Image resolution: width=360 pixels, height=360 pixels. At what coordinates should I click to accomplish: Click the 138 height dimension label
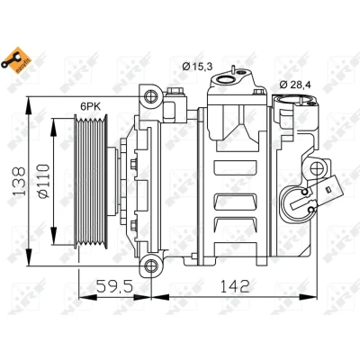coord(20,181)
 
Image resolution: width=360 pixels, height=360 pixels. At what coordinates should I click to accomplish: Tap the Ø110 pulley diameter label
coord(43,181)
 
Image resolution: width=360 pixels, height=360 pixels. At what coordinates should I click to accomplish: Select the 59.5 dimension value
coord(114,286)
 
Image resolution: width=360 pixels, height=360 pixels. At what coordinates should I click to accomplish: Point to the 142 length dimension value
coord(235,286)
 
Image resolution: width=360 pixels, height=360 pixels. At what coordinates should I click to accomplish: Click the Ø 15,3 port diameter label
coord(197,66)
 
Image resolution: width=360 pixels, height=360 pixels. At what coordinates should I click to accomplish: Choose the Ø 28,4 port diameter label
coord(295,85)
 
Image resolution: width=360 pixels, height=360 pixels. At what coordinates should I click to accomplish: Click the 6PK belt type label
coord(90,106)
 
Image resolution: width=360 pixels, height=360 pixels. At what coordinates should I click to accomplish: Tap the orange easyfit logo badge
coord(17,60)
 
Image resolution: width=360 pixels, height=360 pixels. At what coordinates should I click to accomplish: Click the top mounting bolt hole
coord(151,96)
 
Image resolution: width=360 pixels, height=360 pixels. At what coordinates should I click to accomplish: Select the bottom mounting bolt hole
coord(151,265)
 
